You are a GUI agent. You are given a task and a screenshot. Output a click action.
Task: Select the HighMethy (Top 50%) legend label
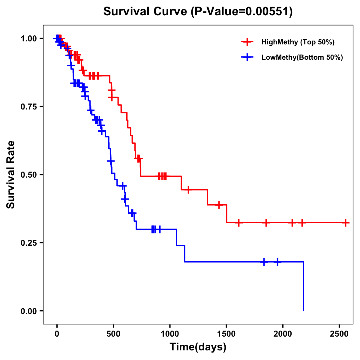pos(298,42)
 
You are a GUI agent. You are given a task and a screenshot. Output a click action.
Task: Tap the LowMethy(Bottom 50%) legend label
pos(302,57)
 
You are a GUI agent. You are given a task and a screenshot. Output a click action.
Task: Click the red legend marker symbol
pos(247,42)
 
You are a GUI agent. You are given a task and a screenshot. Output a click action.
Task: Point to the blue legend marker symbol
pos(247,57)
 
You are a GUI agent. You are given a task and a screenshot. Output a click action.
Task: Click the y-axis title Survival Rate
pos(11,174)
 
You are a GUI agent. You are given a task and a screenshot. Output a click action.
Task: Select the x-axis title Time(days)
pos(198,347)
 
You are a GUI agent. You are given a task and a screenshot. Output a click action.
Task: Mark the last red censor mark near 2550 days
pos(346,223)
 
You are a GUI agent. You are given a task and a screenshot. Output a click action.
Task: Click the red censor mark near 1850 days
pos(266,223)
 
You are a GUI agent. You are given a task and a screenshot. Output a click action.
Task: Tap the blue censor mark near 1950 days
pos(277,262)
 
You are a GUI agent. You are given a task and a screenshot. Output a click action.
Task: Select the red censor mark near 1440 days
pos(219,205)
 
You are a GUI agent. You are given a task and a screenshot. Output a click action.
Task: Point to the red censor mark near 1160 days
pos(188,190)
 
